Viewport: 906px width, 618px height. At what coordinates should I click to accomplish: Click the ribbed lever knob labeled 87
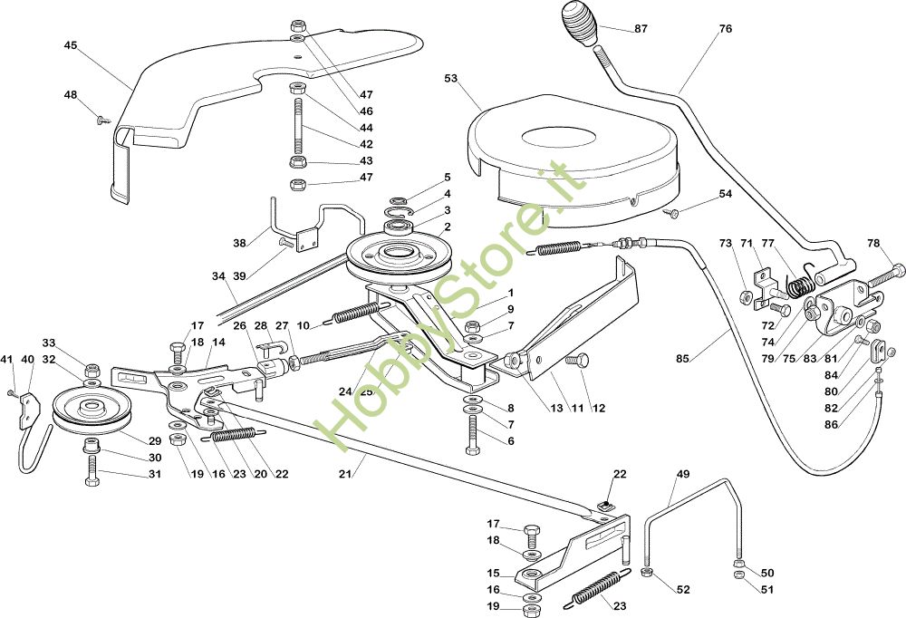[581, 24]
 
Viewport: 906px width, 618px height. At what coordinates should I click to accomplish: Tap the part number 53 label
[450, 78]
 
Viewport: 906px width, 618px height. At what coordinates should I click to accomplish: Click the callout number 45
[71, 45]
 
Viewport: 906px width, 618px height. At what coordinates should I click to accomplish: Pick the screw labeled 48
[104, 121]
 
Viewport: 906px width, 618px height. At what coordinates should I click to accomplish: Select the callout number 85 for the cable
[682, 359]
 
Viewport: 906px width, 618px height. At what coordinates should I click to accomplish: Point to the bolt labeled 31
[92, 470]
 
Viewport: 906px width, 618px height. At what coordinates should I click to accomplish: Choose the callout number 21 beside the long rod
[345, 474]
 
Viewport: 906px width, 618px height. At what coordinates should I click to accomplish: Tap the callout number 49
[683, 474]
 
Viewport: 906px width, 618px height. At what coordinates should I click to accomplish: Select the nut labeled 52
[647, 573]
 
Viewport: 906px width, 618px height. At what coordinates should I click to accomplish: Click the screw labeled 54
[672, 213]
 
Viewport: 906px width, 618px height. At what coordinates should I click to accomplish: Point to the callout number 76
[725, 28]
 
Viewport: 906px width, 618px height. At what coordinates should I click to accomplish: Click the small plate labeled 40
[30, 410]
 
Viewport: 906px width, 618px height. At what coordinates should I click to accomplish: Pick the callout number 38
[239, 244]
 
